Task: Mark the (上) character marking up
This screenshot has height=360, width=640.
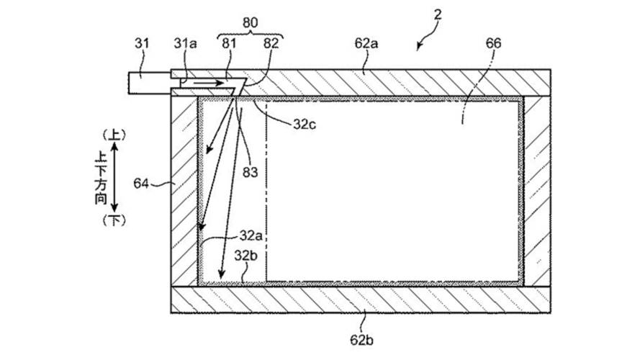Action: click(115, 135)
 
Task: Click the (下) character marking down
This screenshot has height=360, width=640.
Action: click(115, 220)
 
